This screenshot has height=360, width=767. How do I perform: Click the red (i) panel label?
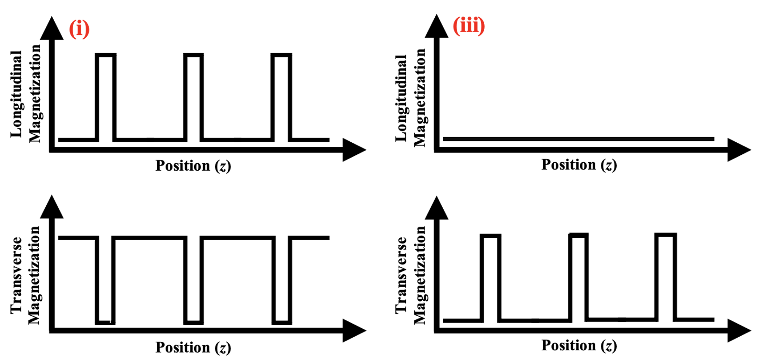point(79,29)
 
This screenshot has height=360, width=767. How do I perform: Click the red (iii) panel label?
point(469,25)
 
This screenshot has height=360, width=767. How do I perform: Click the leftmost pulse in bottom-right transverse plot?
point(491,278)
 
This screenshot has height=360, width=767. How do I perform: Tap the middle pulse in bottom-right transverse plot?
point(579,277)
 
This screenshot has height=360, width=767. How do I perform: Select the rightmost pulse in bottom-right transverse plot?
point(665,277)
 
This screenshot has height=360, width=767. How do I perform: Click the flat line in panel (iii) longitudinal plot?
point(579,139)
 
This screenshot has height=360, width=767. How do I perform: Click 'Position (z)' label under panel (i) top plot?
point(193,166)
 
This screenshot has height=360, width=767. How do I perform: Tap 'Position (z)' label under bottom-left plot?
point(193,347)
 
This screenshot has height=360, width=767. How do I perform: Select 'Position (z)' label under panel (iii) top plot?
point(579,165)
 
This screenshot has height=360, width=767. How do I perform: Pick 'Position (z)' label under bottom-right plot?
point(579,346)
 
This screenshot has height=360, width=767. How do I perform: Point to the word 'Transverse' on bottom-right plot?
point(402,275)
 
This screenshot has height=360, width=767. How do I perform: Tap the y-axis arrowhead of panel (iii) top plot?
point(436,26)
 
